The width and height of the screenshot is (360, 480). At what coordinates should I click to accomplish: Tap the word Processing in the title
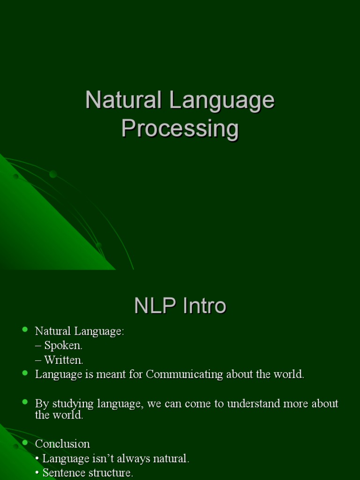[x=180, y=128]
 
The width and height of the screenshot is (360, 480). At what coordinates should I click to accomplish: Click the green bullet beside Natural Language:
[x=25, y=330]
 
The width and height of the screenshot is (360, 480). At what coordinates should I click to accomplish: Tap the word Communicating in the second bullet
[x=185, y=374]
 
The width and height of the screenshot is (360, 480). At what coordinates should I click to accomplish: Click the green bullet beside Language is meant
[x=25, y=373]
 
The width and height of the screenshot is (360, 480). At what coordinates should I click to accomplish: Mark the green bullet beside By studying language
[x=25, y=402]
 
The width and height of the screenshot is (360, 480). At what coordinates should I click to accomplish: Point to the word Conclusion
[x=62, y=443]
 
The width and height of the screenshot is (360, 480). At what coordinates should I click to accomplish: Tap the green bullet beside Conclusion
[x=25, y=442]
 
